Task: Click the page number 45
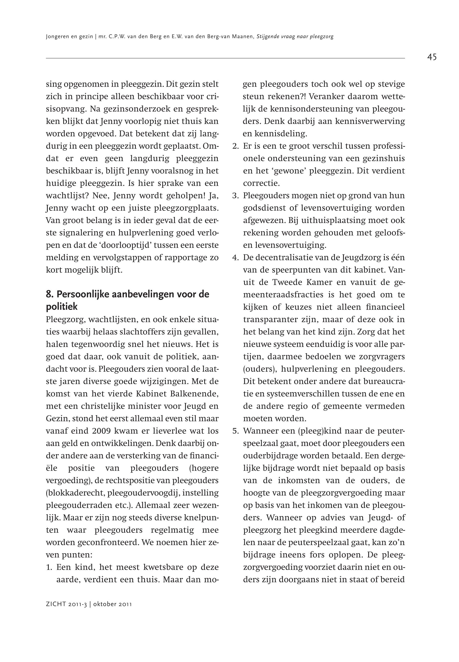pyautogui.click(x=432, y=57)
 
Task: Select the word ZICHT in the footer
pyautogui.click(x=56, y=608)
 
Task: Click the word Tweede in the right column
pyautogui.click(x=286, y=282)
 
